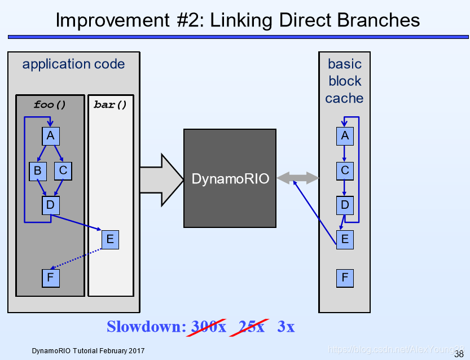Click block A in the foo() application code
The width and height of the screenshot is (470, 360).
[51, 136]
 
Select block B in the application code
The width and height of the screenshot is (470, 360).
[38, 171]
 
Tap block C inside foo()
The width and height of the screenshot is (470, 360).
[63, 171]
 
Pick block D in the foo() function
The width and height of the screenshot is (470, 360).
[51, 205]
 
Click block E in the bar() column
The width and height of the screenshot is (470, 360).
[111, 239]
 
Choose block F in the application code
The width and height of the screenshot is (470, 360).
[51, 278]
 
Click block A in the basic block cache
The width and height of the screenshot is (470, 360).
[345, 136]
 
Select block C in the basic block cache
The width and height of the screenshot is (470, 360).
[345, 171]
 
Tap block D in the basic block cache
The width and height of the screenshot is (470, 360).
[345, 205]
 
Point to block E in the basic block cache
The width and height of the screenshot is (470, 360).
[345, 239]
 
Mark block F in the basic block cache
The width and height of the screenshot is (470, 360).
[345, 278]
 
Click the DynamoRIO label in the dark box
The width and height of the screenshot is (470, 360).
[230, 179]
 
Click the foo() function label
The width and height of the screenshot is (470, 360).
[50, 104]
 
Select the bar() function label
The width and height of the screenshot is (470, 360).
[111, 104]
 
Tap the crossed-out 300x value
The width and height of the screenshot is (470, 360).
[209, 327]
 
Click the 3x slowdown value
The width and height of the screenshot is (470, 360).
[286, 327]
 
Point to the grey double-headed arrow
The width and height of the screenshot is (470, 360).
[298, 178]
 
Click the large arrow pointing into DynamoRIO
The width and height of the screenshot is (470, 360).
[162, 180]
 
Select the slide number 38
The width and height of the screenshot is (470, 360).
[459, 354]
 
